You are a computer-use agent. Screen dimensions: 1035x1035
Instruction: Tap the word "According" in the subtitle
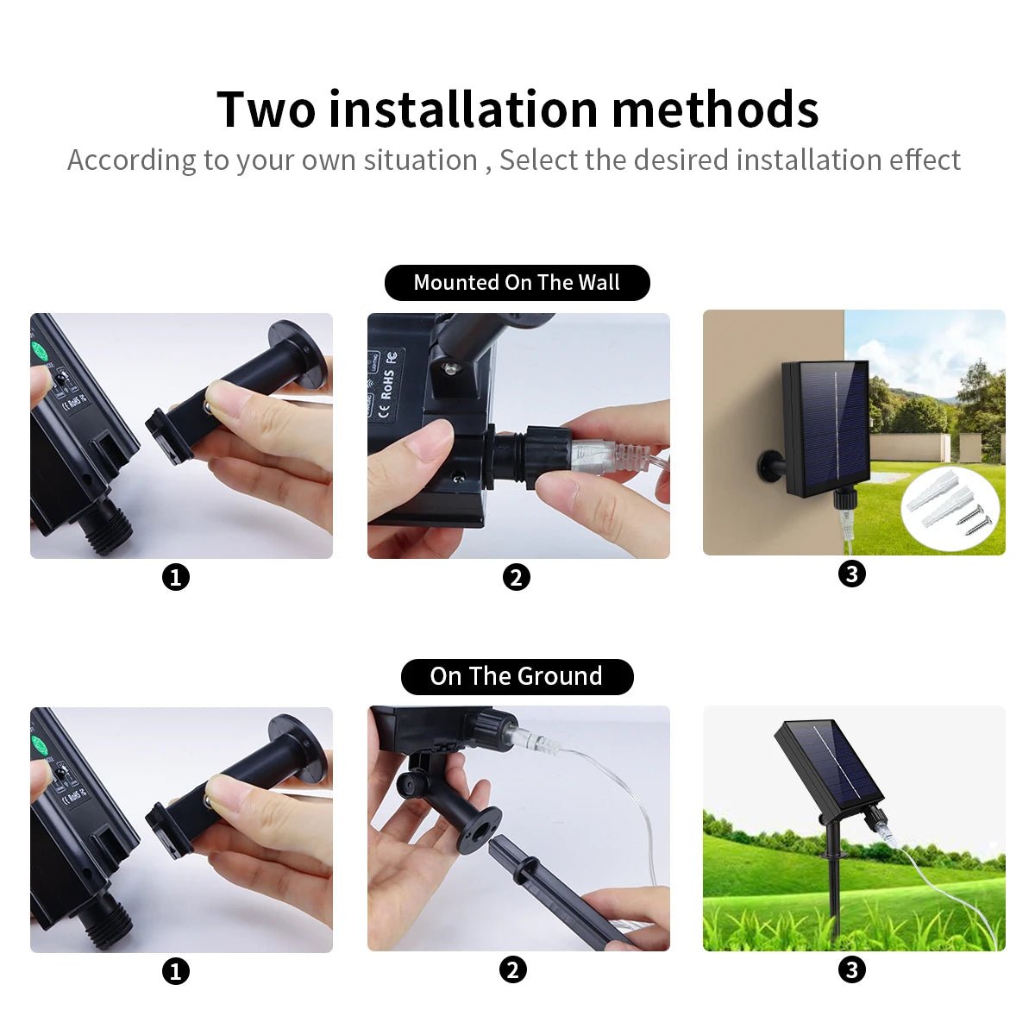click(x=131, y=160)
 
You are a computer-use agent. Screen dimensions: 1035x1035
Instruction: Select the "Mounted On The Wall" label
click(x=517, y=283)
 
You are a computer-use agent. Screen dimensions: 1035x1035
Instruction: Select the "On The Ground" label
click(x=517, y=676)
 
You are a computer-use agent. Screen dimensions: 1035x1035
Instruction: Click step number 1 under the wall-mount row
click(x=176, y=577)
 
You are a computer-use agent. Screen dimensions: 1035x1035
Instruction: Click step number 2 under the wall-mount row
click(x=516, y=577)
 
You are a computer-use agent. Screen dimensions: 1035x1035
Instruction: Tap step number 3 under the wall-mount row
click(x=852, y=574)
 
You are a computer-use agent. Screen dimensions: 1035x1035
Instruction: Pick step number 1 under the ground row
click(x=176, y=971)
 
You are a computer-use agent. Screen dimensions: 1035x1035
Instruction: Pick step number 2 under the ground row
click(x=513, y=969)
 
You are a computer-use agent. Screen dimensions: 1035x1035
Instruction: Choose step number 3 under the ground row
click(x=852, y=969)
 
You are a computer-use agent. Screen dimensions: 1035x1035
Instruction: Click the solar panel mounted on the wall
click(x=825, y=427)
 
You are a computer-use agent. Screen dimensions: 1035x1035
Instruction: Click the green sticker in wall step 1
click(x=39, y=352)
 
